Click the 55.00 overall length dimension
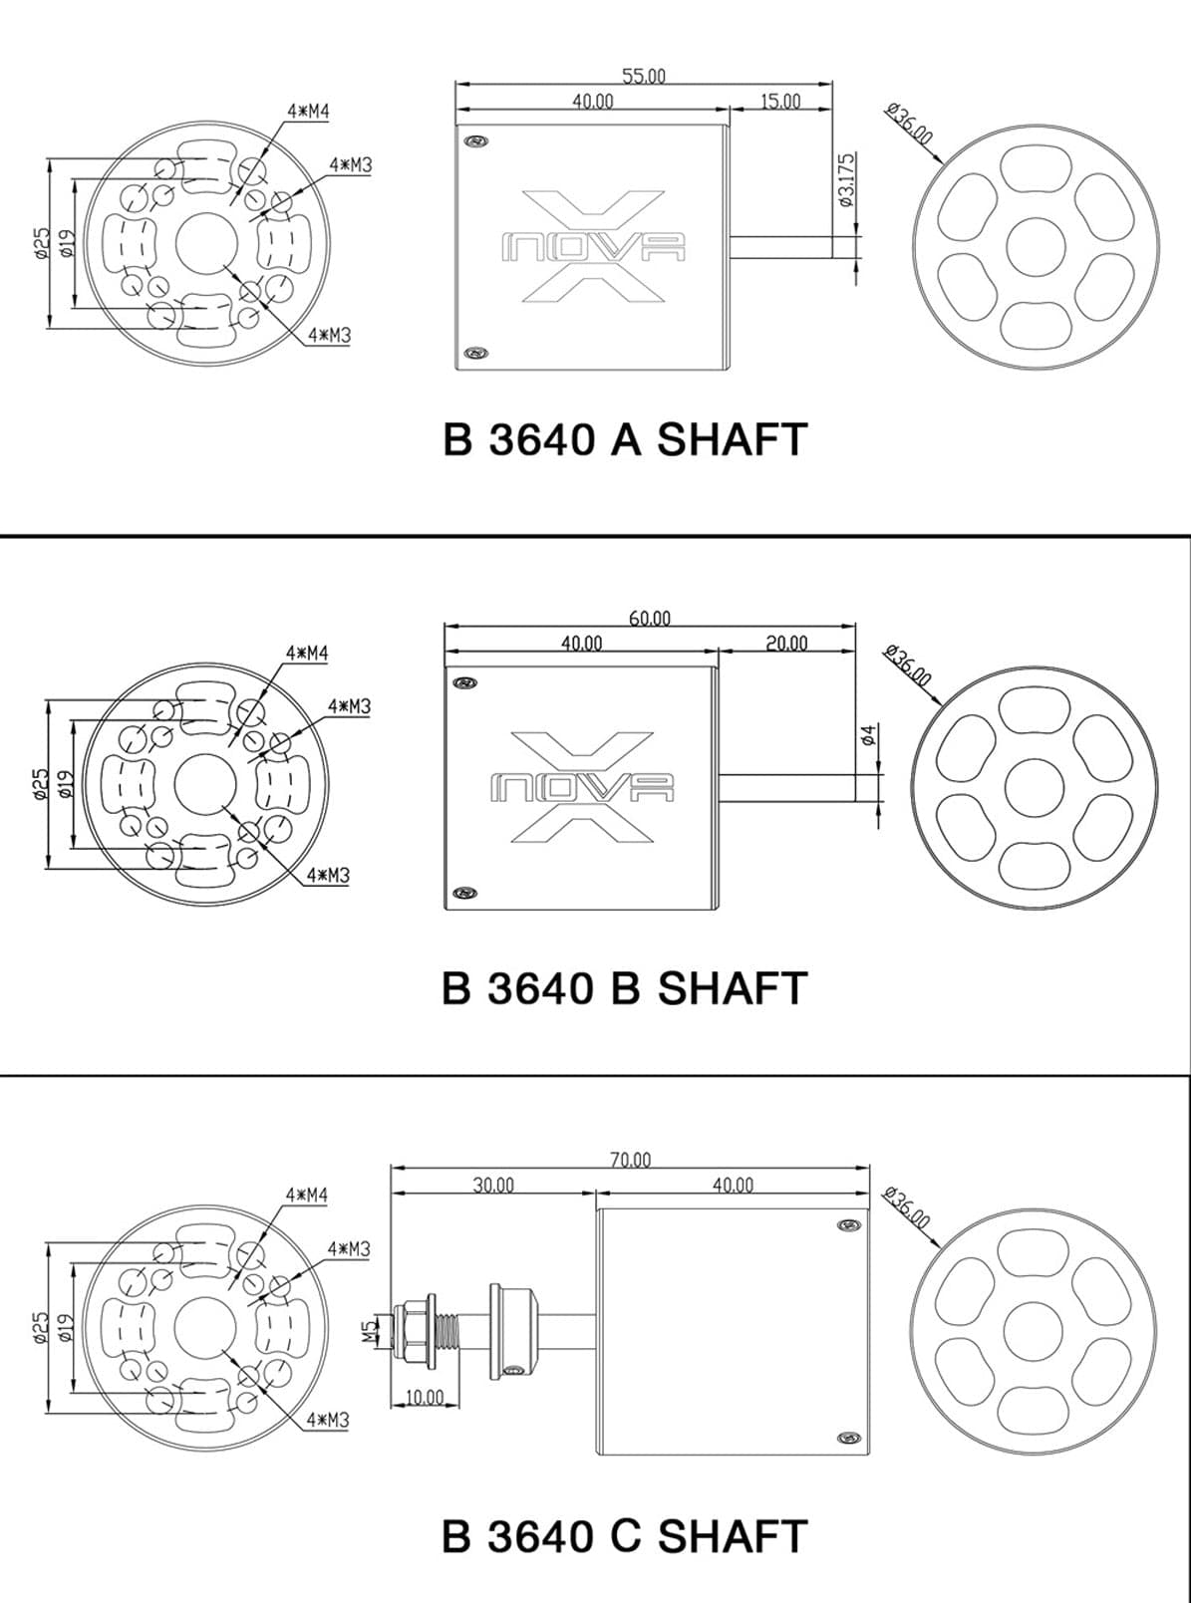(644, 75)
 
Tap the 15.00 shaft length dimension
(780, 102)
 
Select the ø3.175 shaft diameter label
(847, 179)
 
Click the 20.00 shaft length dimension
(786, 644)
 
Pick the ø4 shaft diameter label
(869, 734)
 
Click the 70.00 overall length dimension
(630, 1160)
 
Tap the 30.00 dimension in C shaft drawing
(493, 1186)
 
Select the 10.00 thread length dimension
(424, 1397)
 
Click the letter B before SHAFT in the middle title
(626, 988)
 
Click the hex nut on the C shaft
(413, 1329)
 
